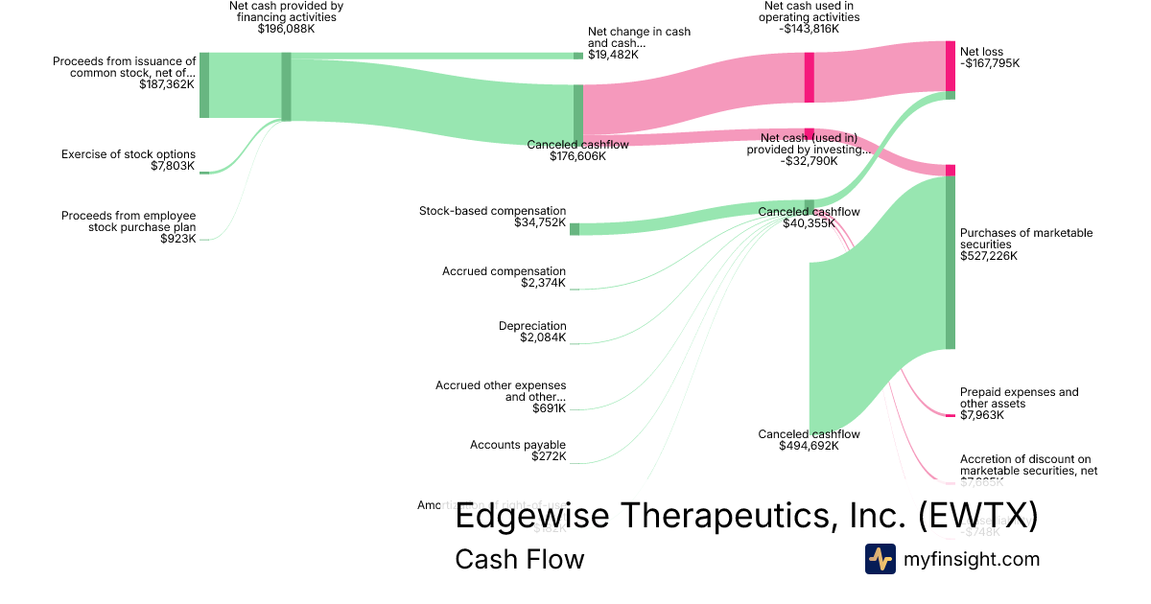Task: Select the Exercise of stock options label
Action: (x=129, y=154)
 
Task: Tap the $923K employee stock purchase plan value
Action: (x=178, y=239)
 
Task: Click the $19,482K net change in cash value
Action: (x=613, y=56)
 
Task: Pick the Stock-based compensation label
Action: (x=493, y=211)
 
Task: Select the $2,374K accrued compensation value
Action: (x=543, y=283)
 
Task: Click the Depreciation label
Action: (x=532, y=326)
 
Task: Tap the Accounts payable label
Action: (x=518, y=445)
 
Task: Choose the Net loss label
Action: (x=983, y=52)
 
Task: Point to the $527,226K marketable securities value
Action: (x=989, y=256)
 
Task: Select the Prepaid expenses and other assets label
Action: (x=1019, y=398)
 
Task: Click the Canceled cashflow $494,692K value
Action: (x=809, y=446)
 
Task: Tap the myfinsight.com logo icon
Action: (x=881, y=559)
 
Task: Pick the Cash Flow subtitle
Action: (x=519, y=559)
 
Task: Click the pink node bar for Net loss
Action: (x=950, y=65)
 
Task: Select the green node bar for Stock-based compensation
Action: (x=575, y=228)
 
